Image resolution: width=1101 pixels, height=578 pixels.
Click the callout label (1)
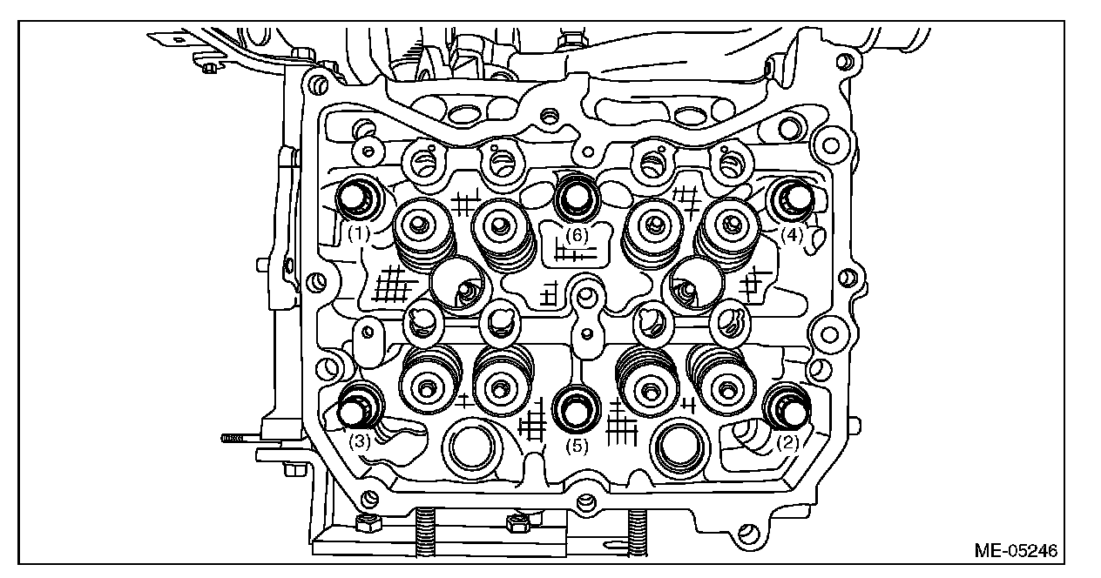coord(358,234)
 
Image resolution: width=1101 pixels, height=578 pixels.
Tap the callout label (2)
coord(787,442)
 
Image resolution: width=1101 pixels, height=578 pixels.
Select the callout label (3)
coord(360,441)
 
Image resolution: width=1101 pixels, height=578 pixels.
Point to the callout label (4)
coord(791,234)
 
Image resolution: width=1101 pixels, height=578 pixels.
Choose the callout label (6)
coord(576,235)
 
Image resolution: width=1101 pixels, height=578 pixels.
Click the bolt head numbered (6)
coord(576,198)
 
